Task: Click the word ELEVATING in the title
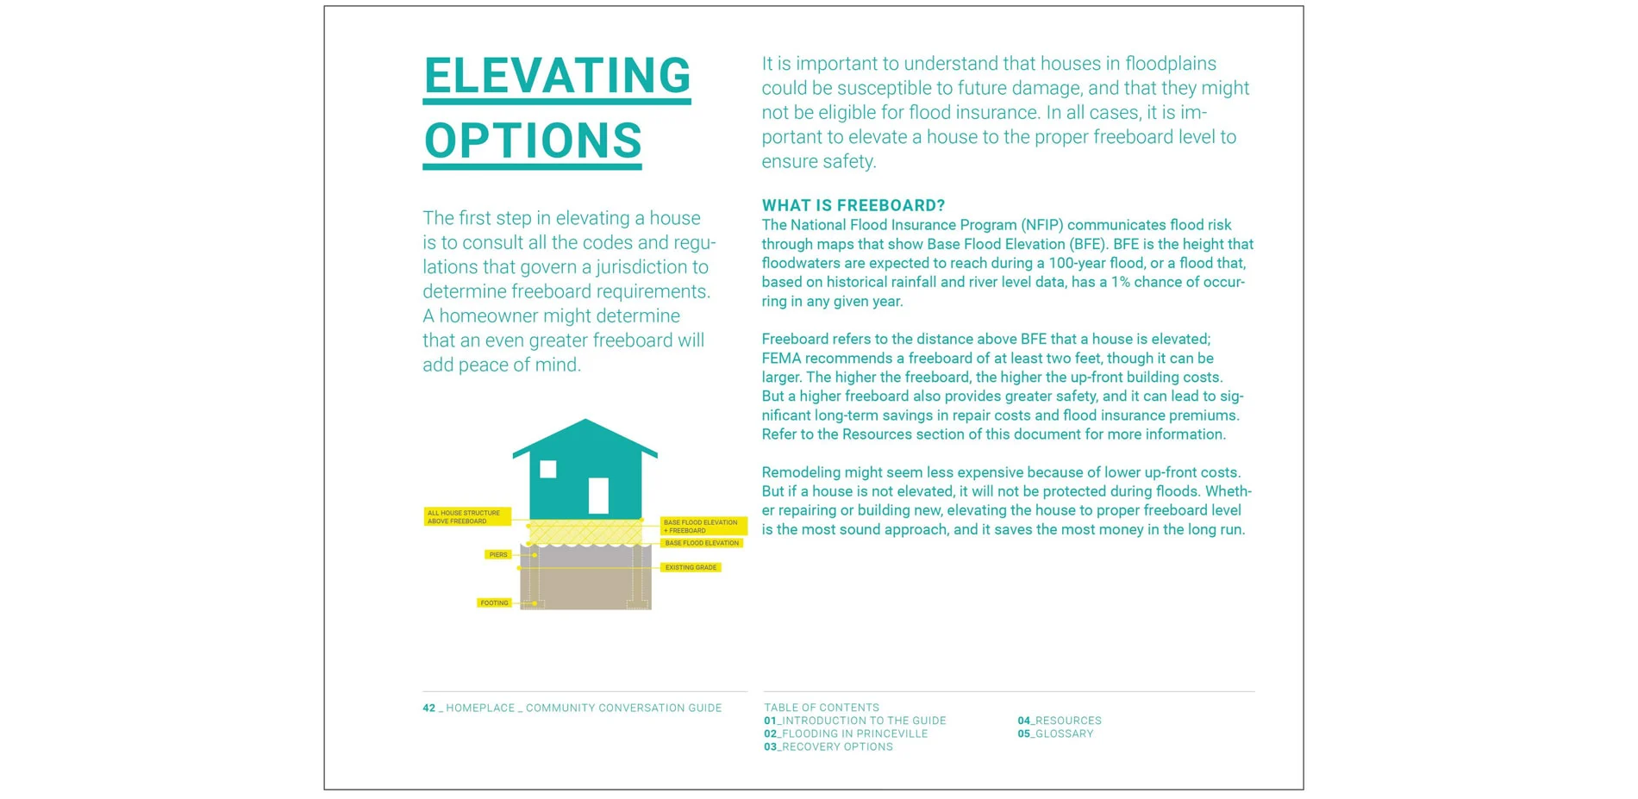click(x=557, y=76)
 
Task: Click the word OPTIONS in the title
click(x=533, y=141)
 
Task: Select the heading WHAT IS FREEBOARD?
click(x=853, y=205)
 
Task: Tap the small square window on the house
click(x=548, y=469)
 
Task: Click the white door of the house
click(x=598, y=496)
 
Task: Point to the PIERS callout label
click(x=498, y=555)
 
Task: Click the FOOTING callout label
click(x=494, y=603)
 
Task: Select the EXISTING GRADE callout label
click(x=691, y=567)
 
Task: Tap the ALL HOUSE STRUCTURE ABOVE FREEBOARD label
click(x=466, y=517)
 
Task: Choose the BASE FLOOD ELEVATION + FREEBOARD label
click(x=703, y=526)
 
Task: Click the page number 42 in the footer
click(x=428, y=708)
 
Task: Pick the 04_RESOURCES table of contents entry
click(x=1059, y=721)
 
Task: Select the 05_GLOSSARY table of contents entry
click(x=1054, y=733)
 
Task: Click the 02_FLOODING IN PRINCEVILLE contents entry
click(x=845, y=733)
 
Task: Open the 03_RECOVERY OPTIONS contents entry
click(x=828, y=746)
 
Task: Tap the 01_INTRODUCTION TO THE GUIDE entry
click(x=854, y=721)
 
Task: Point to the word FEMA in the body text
click(x=781, y=359)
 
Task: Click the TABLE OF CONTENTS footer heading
click(x=821, y=708)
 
